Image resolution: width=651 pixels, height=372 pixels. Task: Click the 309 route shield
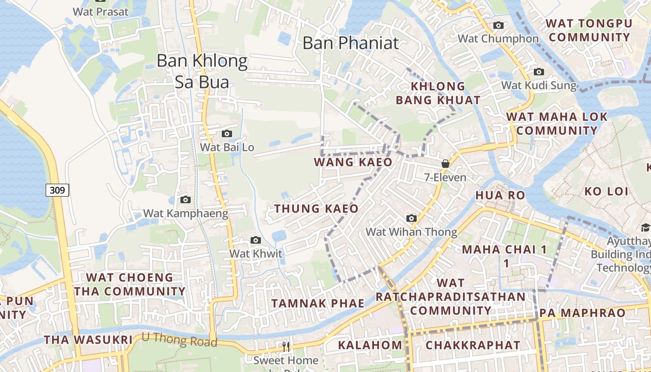58,190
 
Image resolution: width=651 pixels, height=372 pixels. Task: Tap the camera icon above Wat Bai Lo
226,134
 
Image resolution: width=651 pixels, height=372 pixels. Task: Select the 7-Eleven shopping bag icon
445,164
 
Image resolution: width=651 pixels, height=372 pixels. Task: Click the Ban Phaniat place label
351,43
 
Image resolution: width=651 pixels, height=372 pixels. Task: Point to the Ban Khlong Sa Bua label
202,71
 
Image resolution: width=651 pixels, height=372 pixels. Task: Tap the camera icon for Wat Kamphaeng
185,200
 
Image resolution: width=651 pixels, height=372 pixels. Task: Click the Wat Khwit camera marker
255,240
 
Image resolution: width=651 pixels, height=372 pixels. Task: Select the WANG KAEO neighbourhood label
353,162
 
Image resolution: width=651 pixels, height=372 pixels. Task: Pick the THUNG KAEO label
316,209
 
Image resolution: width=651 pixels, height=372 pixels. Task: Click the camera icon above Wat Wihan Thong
411,219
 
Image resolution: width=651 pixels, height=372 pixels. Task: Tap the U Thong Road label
179,340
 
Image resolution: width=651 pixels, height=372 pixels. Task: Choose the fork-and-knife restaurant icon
286,346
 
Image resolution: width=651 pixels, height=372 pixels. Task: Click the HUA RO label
500,195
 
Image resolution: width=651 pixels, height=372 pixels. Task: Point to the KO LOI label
606,191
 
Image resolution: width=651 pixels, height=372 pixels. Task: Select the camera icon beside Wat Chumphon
498,26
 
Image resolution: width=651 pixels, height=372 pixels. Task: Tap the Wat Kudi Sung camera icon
538,72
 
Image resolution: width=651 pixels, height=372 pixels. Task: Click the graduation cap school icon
645,227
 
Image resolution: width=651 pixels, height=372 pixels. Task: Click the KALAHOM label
370,345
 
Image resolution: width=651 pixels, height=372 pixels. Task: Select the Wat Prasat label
100,12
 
